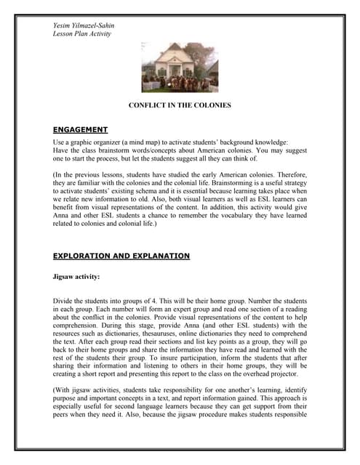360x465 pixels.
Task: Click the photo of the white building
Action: pos(180,67)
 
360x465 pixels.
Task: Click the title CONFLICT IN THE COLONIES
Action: pos(180,106)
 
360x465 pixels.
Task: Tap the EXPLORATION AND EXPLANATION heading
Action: pos(121,256)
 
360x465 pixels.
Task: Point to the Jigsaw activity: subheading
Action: pos(78,277)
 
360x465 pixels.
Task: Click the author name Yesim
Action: pos(62,26)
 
